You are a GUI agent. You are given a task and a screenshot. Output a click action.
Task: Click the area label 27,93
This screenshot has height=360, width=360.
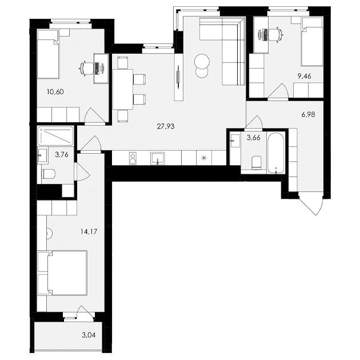tap(166, 126)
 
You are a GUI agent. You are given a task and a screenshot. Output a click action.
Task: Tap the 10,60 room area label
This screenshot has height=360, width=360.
tap(55, 92)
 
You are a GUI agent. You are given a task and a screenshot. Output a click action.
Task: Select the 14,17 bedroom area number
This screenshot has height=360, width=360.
tap(89, 231)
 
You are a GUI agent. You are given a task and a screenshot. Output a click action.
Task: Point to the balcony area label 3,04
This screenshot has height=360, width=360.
tap(89, 335)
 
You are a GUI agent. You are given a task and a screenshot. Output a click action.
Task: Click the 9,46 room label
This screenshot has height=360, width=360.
tap(305, 76)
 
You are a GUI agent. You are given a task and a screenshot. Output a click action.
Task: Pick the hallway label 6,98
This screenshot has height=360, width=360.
tap(309, 114)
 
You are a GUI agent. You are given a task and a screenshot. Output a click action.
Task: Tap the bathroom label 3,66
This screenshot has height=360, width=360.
tap(254, 138)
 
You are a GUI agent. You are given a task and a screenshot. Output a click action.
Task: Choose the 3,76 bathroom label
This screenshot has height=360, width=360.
tap(62, 154)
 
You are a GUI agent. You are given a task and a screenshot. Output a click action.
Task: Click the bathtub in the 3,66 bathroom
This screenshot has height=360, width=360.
tap(276, 153)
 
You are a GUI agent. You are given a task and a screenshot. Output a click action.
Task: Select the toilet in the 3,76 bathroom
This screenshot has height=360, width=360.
tap(48, 174)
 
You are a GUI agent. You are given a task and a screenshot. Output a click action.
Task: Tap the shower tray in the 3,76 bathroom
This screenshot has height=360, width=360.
tap(55, 135)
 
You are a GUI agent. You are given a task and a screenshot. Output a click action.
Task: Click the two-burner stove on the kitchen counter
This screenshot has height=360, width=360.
tap(133, 158)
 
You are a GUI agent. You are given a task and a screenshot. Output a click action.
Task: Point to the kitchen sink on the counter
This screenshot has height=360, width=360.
tap(158, 158)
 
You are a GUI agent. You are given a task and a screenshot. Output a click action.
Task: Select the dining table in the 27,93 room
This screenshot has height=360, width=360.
tap(123, 89)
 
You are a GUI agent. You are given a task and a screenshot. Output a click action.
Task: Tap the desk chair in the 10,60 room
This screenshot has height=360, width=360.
tap(85, 69)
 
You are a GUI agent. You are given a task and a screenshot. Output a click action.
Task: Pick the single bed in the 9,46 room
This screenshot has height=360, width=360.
tap(312, 42)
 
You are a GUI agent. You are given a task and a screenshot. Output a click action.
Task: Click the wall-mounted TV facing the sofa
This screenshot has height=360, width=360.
tap(178, 76)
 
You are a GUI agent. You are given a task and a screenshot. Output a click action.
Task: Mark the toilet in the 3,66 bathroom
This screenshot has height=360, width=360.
tap(256, 162)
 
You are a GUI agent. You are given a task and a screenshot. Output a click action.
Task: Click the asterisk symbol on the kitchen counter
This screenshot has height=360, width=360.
tap(203, 158)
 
